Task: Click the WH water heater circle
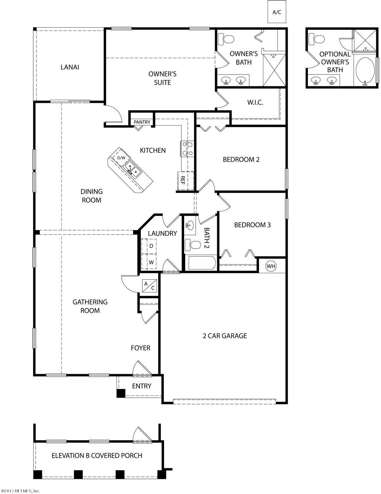click(x=271, y=266)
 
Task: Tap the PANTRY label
click(x=142, y=122)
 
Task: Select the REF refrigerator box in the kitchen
click(x=185, y=181)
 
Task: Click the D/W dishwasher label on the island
click(x=121, y=158)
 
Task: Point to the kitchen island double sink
click(x=132, y=170)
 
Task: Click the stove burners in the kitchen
click(x=187, y=148)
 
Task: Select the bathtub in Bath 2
click(x=200, y=263)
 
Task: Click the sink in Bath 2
click(x=190, y=225)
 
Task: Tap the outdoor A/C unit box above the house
click(x=277, y=12)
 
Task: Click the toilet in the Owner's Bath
click(x=226, y=39)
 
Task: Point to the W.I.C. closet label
click(x=255, y=102)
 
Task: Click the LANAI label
click(x=70, y=67)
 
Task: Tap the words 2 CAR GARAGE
click(x=225, y=336)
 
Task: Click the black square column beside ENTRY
click(x=121, y=393)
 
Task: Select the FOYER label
click(x=141, y=348)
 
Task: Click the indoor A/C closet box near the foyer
click(x=150, y=286)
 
